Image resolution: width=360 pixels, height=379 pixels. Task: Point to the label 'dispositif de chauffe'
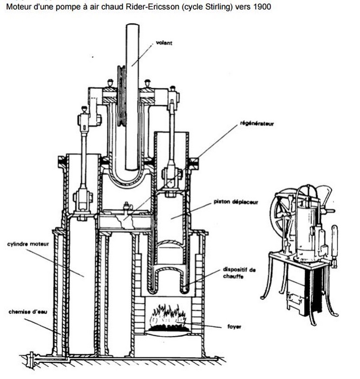[x=239, y=273]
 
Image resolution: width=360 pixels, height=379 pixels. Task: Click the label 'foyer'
[x=232, y=326]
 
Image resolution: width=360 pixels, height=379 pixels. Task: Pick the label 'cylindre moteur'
[x=24, y=244]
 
